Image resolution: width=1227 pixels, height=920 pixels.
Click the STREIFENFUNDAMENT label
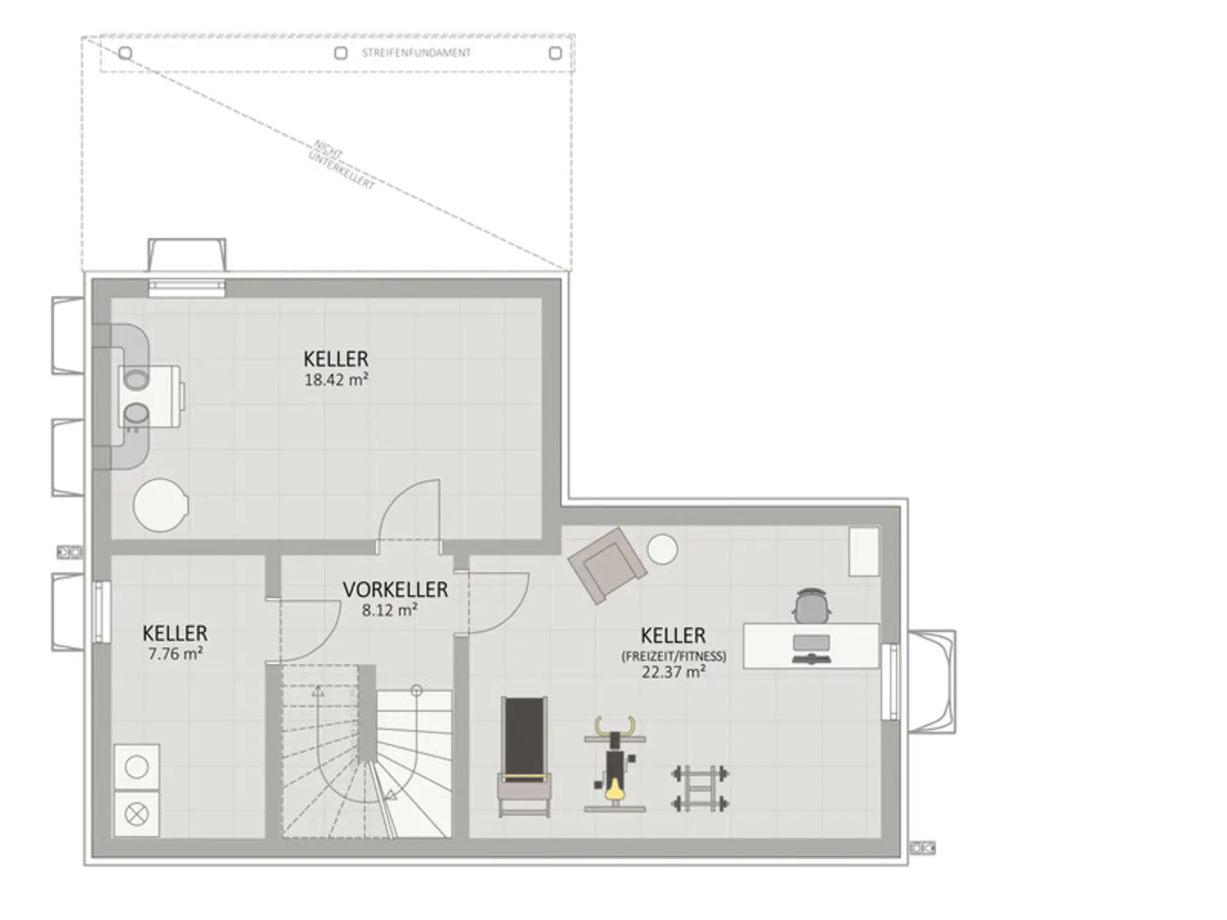(x=416, y=53)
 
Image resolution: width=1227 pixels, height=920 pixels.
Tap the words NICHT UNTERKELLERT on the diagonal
(x=343, y=165)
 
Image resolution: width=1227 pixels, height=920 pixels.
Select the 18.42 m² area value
(x=336, y=379)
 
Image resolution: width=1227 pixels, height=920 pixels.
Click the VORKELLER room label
(x=395, y=589)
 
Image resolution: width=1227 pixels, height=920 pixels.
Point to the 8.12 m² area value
(x=390, y=610)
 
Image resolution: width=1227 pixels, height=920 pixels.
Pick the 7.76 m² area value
(x=175, y=654)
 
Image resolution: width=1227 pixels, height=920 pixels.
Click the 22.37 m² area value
(x=674, y=672)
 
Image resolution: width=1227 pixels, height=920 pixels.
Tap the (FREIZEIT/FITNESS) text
(x=674, y=656)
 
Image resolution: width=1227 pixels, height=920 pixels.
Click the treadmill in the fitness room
(x=525, y=756)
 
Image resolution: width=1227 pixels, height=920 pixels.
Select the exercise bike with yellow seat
(x=615, y=764)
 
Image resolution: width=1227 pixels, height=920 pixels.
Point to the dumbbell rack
(x=700, y=789)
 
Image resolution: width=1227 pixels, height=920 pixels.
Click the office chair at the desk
(x=812, y=606)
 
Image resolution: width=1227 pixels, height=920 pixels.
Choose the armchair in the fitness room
(x=606, y=565)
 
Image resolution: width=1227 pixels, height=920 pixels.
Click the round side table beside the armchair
(x=662, y=549)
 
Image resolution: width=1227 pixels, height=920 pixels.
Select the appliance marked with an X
(x=137, y=814)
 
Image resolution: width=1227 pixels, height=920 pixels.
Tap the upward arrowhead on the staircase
(x=318, y=691)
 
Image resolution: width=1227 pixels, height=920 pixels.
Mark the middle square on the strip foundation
(x=341, y=53)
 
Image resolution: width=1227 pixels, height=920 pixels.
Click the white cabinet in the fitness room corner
(x=864, y=551)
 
